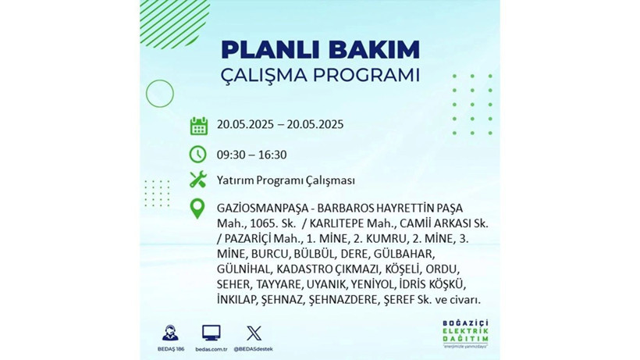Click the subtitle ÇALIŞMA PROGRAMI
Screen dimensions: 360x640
coord(320,76)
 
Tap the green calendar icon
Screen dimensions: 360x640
coord(198,125)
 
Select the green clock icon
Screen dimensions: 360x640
coord(198,153)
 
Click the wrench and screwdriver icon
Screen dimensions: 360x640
coord(198,180)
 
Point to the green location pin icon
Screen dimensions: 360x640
coord(198,209)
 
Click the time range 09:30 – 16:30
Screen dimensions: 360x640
coord(252,154)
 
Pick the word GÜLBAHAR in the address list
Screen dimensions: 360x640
coord(407,254)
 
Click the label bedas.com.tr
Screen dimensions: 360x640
coord(211,348)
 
